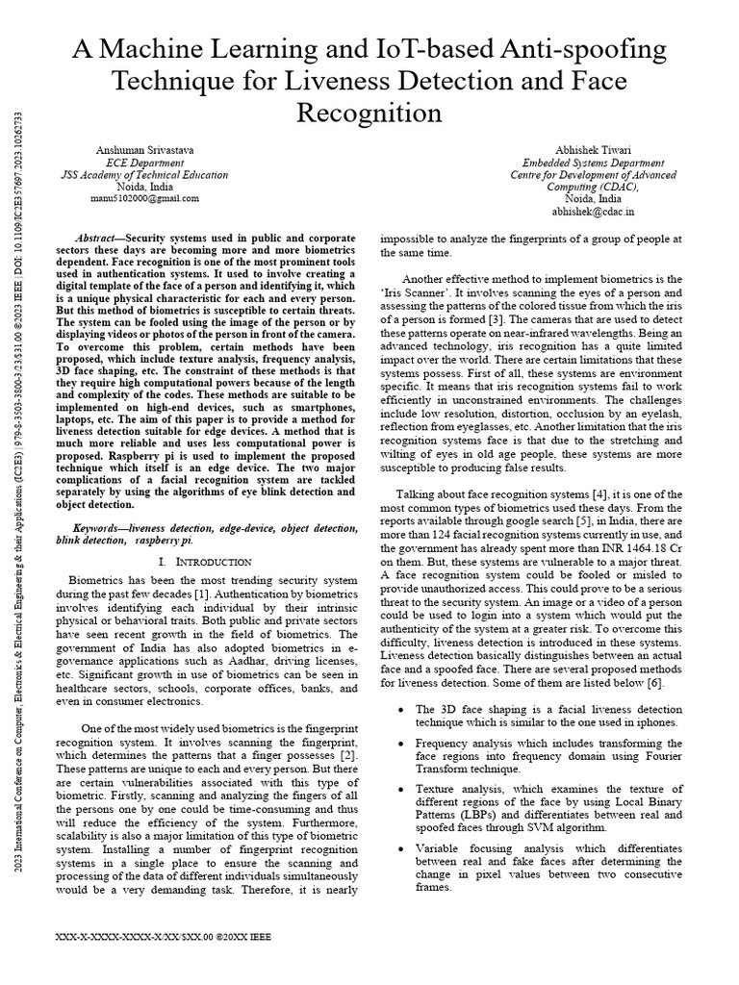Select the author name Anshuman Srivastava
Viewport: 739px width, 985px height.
143,151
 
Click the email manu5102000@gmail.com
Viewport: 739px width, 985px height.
144,198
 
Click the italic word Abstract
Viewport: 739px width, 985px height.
95,238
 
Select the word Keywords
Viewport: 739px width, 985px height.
99,529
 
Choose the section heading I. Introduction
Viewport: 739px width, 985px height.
204,561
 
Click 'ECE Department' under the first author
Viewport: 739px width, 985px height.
143,164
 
